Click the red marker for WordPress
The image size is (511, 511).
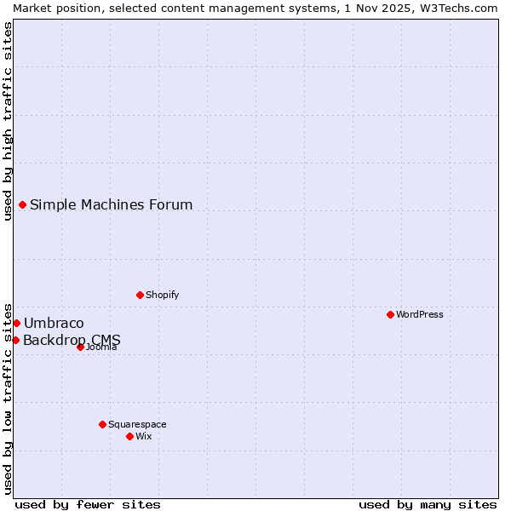pyautogui.click(x=390, y=314)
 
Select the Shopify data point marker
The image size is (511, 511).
pyautogui.click(x=140, y=295)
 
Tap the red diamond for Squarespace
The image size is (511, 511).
pyautogui.click(x=102, y=424)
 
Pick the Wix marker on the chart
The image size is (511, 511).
pyautogui.click(x=129, y=436)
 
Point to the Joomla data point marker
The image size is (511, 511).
pyautogui.click(x=80, y=347)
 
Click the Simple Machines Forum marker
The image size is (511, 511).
pyautogui.click(x=22, y=204)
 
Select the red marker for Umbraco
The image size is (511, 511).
pyautogui.click(x=16, y=323)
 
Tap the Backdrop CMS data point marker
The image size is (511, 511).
pyautogui.click(x=15, y=340)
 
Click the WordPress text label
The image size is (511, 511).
pyautogui.click(x=420, y=314)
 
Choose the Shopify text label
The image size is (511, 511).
pyautogui.click(x=163, y=295)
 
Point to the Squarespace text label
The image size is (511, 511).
pyautogui.click(x=137, y=424)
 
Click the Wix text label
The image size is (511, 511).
pyautogui.click(x=144, y=436)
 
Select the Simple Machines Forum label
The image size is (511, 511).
pyautogui.click(x=112, y=204)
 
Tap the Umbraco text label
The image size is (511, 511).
pyautogui.click(x=54, y=323)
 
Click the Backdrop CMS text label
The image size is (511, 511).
pyautogui.click(x=72, y=340)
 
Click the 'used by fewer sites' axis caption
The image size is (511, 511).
pyautogui.click(x=88, y=504)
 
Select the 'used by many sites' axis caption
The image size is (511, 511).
pyautogui.click(x=428, y=504)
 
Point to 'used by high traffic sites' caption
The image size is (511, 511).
pyautogui.click(x=8, y=120)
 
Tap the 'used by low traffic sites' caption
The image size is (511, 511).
pyautogui.click(x=8, y=398)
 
